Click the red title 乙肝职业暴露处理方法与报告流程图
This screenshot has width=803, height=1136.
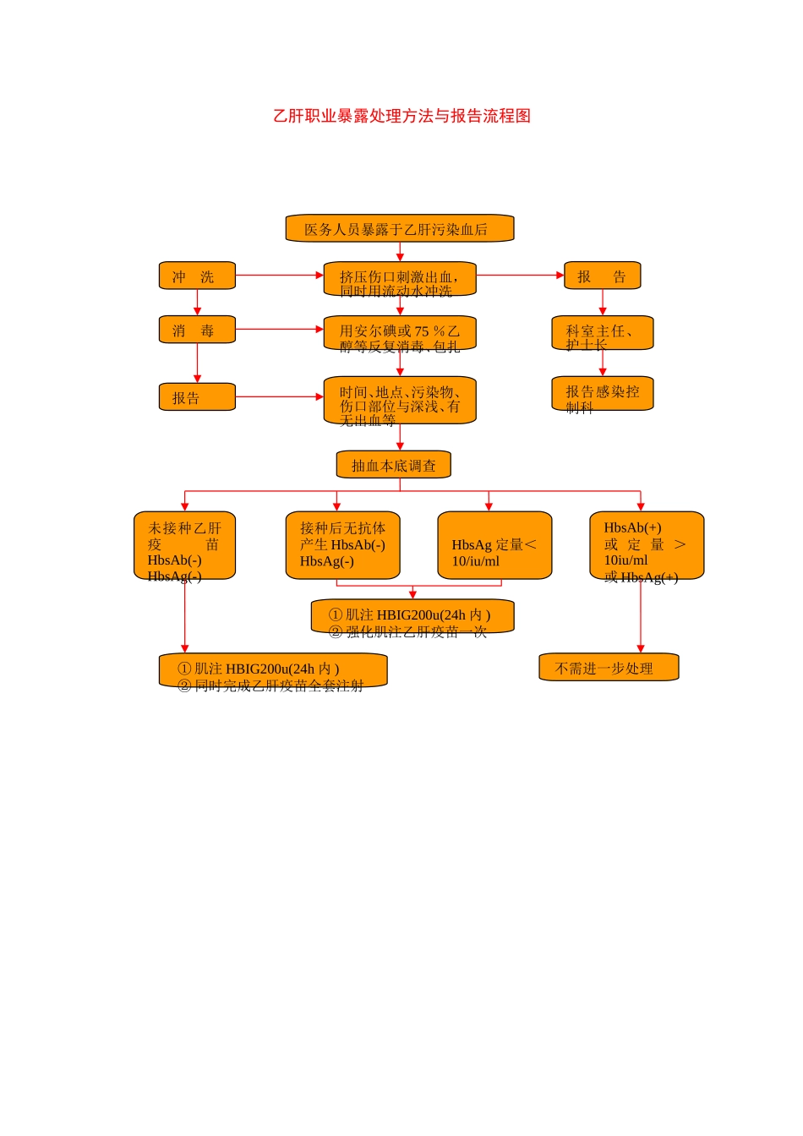[401, 116]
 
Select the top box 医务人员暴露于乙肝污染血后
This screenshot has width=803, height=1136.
[399, 229]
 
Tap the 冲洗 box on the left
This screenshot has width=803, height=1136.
[197, 276]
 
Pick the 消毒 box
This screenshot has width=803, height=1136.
[197, 330]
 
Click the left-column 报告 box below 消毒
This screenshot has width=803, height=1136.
[197, 397]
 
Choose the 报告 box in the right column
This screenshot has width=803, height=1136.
[602, 276]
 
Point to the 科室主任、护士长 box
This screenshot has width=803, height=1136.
[602, 333]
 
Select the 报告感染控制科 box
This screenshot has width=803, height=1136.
[602, 393]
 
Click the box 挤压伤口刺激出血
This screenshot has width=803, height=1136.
[399, 280]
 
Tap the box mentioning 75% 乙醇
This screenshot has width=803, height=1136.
[399, 334]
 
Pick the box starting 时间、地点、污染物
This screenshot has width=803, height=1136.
[399, 401]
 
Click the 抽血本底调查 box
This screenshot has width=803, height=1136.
[394, 465]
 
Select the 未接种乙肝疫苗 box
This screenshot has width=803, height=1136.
[184, 545]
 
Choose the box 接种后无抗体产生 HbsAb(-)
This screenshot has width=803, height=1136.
[342, 545]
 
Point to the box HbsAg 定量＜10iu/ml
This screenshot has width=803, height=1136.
[494, 545]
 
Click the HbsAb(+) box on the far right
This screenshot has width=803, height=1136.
[647, 545]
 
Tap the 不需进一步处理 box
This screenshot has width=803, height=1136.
[609, 667]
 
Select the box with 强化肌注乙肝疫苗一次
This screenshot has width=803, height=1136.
[412, 616]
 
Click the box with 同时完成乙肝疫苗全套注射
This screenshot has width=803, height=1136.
[273, 670]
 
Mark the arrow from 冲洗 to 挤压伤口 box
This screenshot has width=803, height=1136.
[279, 276]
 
